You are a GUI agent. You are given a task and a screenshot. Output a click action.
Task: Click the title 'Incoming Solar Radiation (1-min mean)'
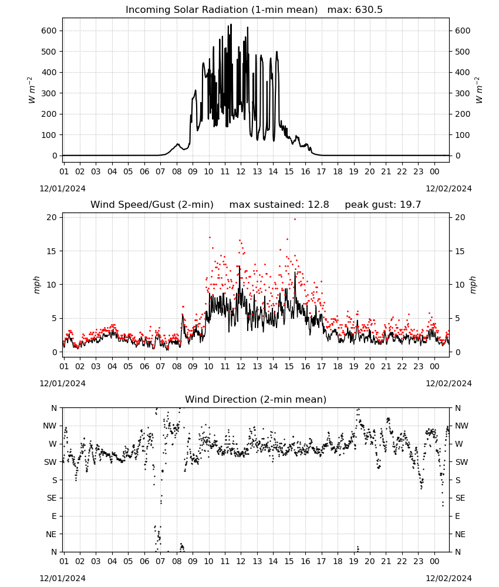221,9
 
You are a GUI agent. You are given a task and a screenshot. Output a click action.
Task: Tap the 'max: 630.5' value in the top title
355,9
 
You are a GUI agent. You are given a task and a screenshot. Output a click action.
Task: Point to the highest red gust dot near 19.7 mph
295,220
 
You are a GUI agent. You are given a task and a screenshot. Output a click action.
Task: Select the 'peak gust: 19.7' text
383,205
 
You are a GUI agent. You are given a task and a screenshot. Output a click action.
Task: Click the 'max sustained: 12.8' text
279,205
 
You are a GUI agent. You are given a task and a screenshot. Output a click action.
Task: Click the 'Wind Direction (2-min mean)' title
256,399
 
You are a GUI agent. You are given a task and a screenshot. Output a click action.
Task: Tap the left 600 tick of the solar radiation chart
49,31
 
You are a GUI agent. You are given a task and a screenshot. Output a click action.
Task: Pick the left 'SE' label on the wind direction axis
52,498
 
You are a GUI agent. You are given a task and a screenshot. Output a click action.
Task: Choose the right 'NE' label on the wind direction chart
460,534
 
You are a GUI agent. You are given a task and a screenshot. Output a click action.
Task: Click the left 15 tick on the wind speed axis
52,251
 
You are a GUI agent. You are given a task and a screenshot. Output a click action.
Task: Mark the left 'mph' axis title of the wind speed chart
36,285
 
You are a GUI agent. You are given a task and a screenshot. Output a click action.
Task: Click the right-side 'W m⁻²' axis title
479,90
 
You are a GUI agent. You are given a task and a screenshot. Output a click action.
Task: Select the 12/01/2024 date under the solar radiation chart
62,188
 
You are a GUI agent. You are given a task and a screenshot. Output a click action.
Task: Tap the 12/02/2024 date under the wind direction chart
449,578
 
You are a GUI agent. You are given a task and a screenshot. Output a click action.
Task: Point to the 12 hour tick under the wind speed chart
241,366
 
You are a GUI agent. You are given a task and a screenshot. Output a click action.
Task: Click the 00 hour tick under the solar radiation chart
434,171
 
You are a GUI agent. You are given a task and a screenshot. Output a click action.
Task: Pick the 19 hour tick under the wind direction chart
353,561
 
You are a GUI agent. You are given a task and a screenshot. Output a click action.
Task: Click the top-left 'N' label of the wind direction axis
54,408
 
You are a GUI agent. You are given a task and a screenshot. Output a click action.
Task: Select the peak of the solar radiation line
231,24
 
